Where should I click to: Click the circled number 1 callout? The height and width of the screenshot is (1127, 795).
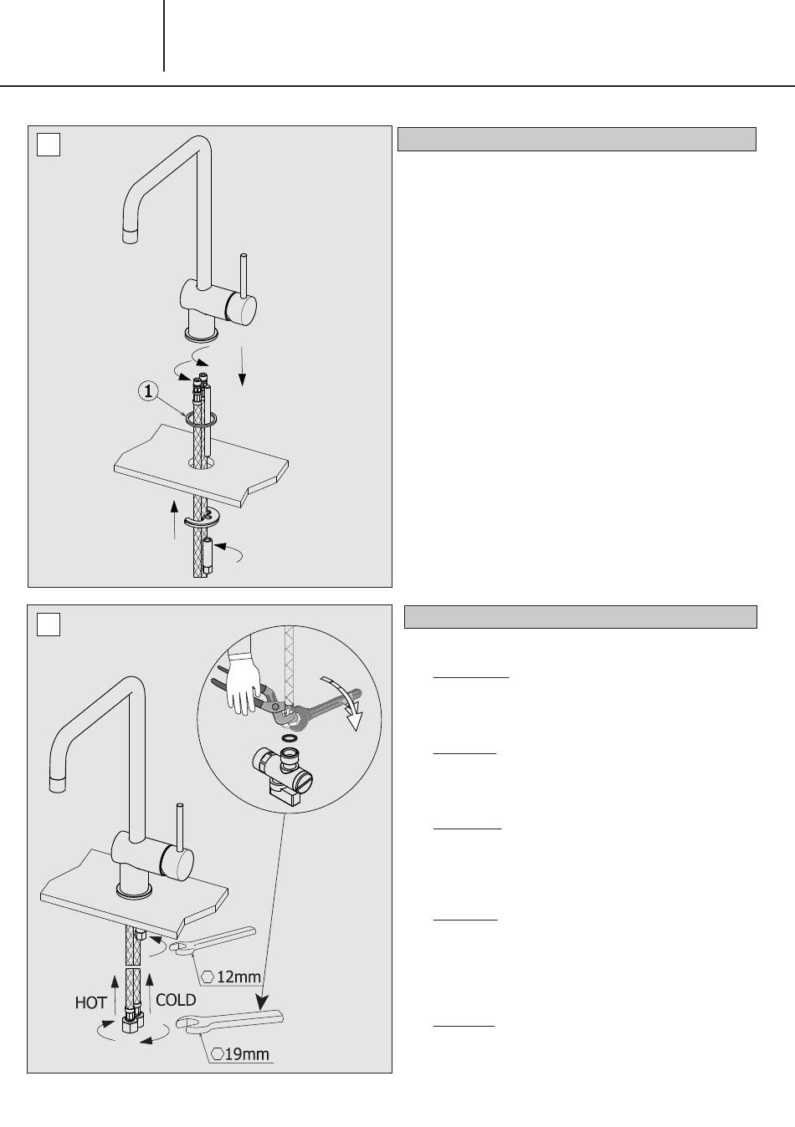pyautogui.click(x=148, y=391)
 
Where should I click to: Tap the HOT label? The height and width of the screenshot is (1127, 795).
pyautogui.click(x=90, y=1002)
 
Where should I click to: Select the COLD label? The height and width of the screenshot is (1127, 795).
pyautogui.click(x=176, y=1000)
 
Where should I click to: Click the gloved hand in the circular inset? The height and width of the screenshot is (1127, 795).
pyautogui.click(x=244, y=681)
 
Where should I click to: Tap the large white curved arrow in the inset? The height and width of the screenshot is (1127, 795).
pyautogui.click(x=347, y=701)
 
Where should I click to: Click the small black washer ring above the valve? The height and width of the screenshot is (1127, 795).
pyautogui.click(x=289, y=738)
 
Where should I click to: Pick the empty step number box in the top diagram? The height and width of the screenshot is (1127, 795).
pyautogui.click(x=49, y=145)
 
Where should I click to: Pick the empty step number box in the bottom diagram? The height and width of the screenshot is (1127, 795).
pyautogui.click(x=49, y=625)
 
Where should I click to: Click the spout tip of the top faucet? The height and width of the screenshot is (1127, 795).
pyautogui.click(x=130, y=236)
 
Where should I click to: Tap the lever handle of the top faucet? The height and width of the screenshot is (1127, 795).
pyautogui.click(x=244, y=276)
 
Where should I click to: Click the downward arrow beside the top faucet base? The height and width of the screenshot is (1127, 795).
pyautogui.click(x=242, y=366)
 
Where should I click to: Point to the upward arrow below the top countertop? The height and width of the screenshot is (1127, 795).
pyautogui.click(x=174, y=520)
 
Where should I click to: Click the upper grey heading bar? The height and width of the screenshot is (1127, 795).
pyautogui.click(x=577, y=140)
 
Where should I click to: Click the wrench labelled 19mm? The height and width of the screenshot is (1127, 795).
pyautogui.click(x=229, y=1021)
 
